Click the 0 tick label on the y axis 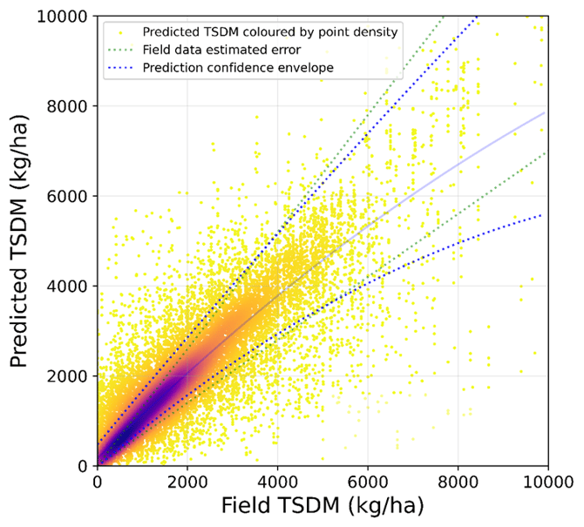pos(82,466)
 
